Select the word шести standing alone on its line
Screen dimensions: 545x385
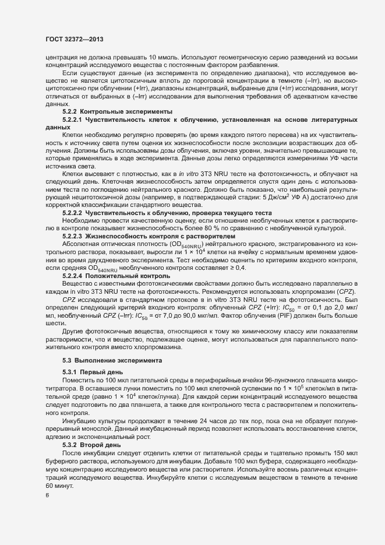point(53,321)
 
